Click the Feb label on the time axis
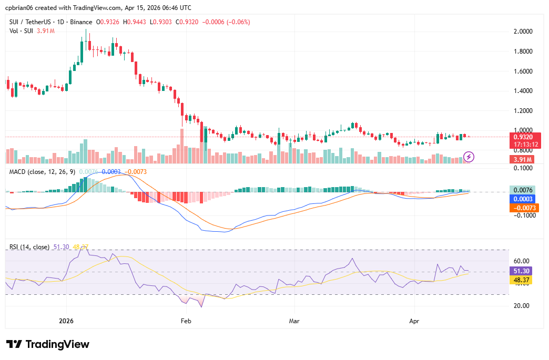tap(185, 320)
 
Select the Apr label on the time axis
tap(414, 320)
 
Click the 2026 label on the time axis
tap(66, 320)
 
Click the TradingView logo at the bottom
tap(48, 344)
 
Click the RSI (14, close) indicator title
tap(29, 246)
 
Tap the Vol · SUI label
tap(22, 31)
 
